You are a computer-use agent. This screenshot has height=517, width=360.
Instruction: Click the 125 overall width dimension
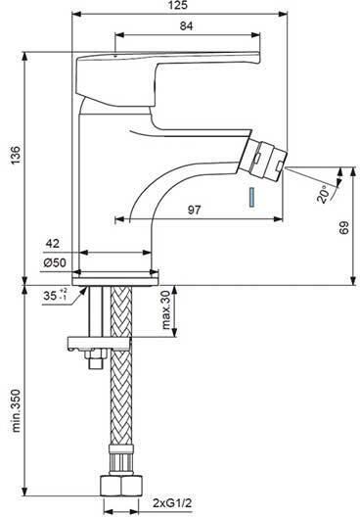pyautogui.click(x=179, y=5)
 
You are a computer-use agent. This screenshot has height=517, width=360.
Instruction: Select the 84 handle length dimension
pyautogui.click(x=187, y=26)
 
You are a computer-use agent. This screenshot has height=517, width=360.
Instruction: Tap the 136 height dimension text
pyautogui.click(x=16, y=155)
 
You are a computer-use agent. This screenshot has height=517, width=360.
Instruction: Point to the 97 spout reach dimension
pyautogui.click(x=195, y=210)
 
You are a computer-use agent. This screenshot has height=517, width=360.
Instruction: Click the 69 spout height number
pyautogui.click(x=343, y=228)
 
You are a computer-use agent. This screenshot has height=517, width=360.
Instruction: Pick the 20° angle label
pyautogui.click(x=324, y=194)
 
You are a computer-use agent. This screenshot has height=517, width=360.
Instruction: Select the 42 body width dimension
pyautogui.click(x=53, y=244)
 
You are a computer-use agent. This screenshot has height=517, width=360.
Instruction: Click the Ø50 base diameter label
pyautogui.click(x=55, y=262)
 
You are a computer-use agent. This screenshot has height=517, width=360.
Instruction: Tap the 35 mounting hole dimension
pyautogui.click(x=56, y=295)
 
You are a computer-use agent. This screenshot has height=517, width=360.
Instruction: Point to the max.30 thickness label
pyautogui.click(x=167, y=310)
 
